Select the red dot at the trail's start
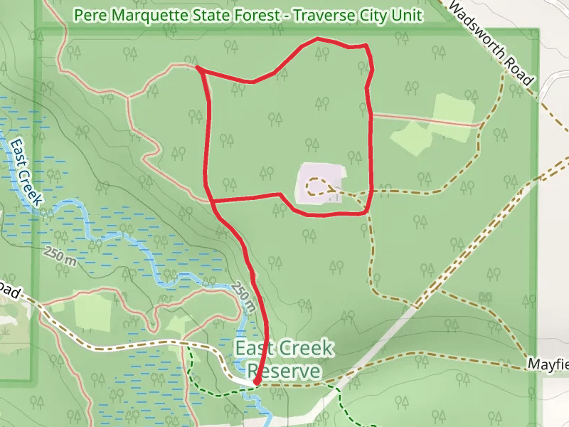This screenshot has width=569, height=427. tap(256, 382)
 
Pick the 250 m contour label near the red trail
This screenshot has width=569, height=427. tap(243, 297)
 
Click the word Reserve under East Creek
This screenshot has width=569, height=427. tap(283, 371)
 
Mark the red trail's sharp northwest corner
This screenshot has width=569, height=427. tap(197, 68)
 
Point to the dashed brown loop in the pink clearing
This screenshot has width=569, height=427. tap(317, 186)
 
